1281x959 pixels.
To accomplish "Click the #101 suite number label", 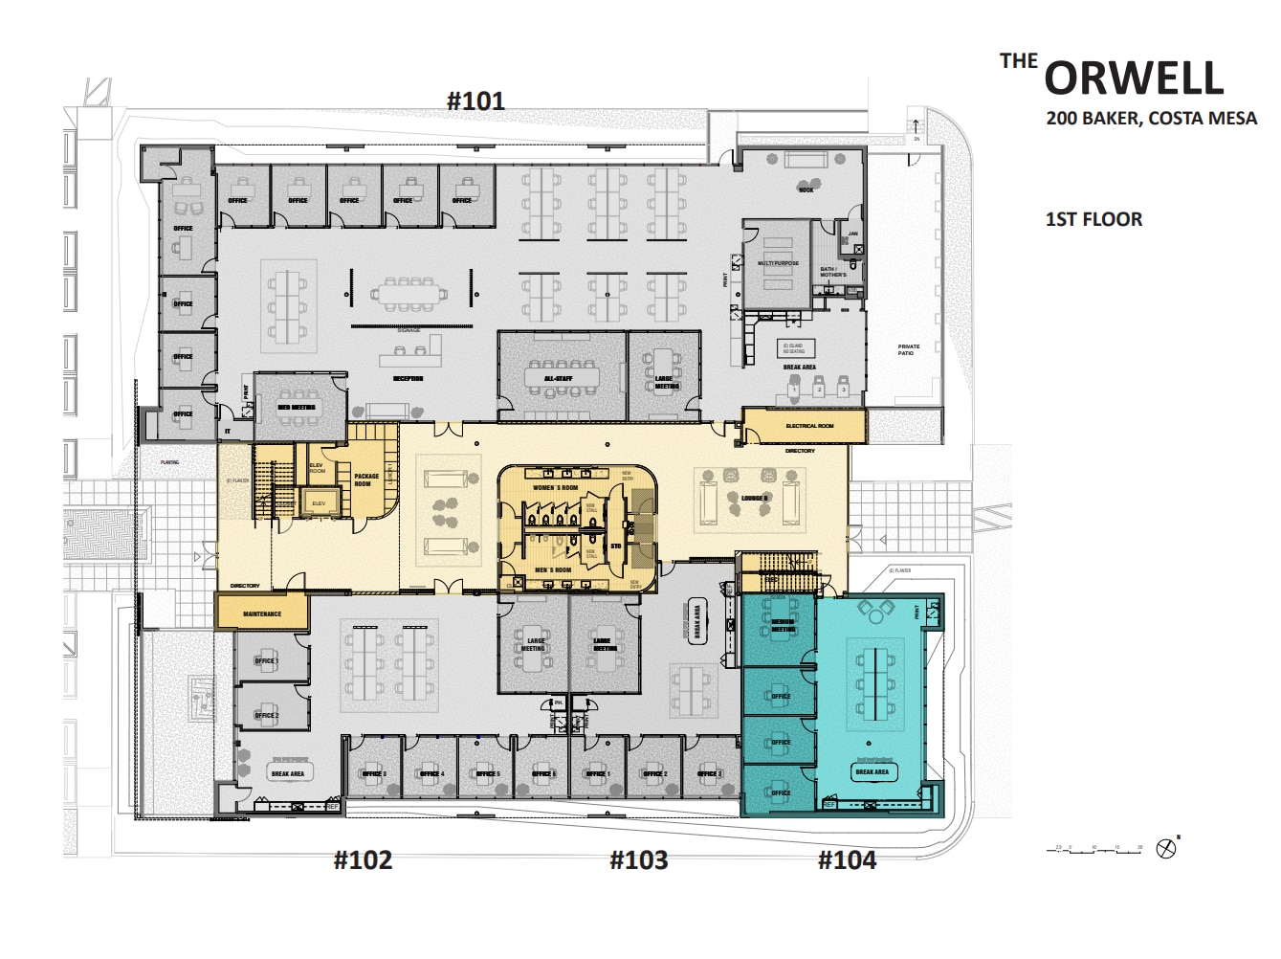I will coord(475,100).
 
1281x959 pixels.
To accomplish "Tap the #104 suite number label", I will coord(847,859).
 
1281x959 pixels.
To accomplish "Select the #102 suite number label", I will coord(363,859).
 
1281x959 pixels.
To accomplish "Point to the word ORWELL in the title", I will coord(1134,78).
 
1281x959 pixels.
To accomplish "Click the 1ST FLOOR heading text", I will coord(1093,219).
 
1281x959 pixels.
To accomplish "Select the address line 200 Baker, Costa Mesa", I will coord(1151,119).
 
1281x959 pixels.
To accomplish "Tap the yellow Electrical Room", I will coord(808,426).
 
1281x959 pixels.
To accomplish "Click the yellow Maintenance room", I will coord(262,613).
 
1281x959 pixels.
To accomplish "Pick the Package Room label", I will coord(366,479).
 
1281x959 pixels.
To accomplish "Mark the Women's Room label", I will coord(555,488).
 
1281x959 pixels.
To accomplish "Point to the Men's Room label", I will coord(553,570).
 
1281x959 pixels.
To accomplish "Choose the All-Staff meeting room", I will coord(559,379).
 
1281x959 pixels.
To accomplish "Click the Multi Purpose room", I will coord(778,263).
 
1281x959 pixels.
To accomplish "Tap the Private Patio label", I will coord(908,349).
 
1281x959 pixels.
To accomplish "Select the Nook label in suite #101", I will coord(806,190).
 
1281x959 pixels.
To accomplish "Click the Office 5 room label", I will coord(488,773).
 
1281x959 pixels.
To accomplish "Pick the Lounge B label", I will coord(754,498).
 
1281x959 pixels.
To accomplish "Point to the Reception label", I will coord(408,379).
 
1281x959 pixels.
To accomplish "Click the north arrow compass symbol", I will coord(1165,848).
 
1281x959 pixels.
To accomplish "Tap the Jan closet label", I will coord(852,234).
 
